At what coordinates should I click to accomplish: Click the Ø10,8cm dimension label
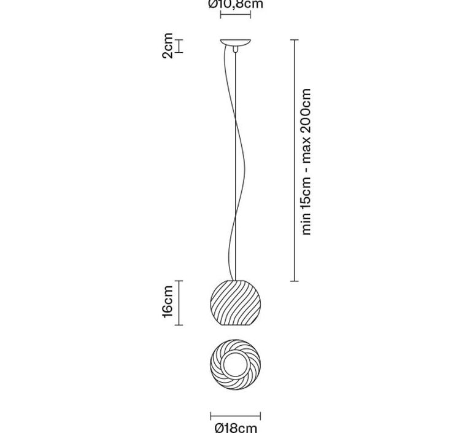tap(236, 4)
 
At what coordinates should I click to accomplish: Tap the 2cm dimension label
tap(168, 46)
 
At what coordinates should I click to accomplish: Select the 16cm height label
tap(168, 302)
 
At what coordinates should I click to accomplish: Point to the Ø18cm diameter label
tap(236, 428)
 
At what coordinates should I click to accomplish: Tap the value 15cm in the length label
tap(307, 190)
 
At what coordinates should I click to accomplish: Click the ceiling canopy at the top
tap(236, 42)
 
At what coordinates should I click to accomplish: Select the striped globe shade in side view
tap(236, 303)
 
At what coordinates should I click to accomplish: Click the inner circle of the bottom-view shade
tap(236, 364)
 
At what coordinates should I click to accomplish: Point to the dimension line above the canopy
tap(236, 14)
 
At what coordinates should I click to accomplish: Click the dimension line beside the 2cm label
tap(179, 46)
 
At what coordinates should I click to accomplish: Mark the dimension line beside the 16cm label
tap(179, 303)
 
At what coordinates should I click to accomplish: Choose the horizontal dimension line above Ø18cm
tap(236, 416)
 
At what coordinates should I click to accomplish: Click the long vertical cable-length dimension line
tap(294, 160)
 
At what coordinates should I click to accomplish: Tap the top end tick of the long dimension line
tap(294, 40)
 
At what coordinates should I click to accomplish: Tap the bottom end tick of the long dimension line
tap(294, 281)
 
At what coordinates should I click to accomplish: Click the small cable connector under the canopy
tap(235, 50)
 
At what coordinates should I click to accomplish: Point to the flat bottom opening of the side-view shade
tap(236, 326)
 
